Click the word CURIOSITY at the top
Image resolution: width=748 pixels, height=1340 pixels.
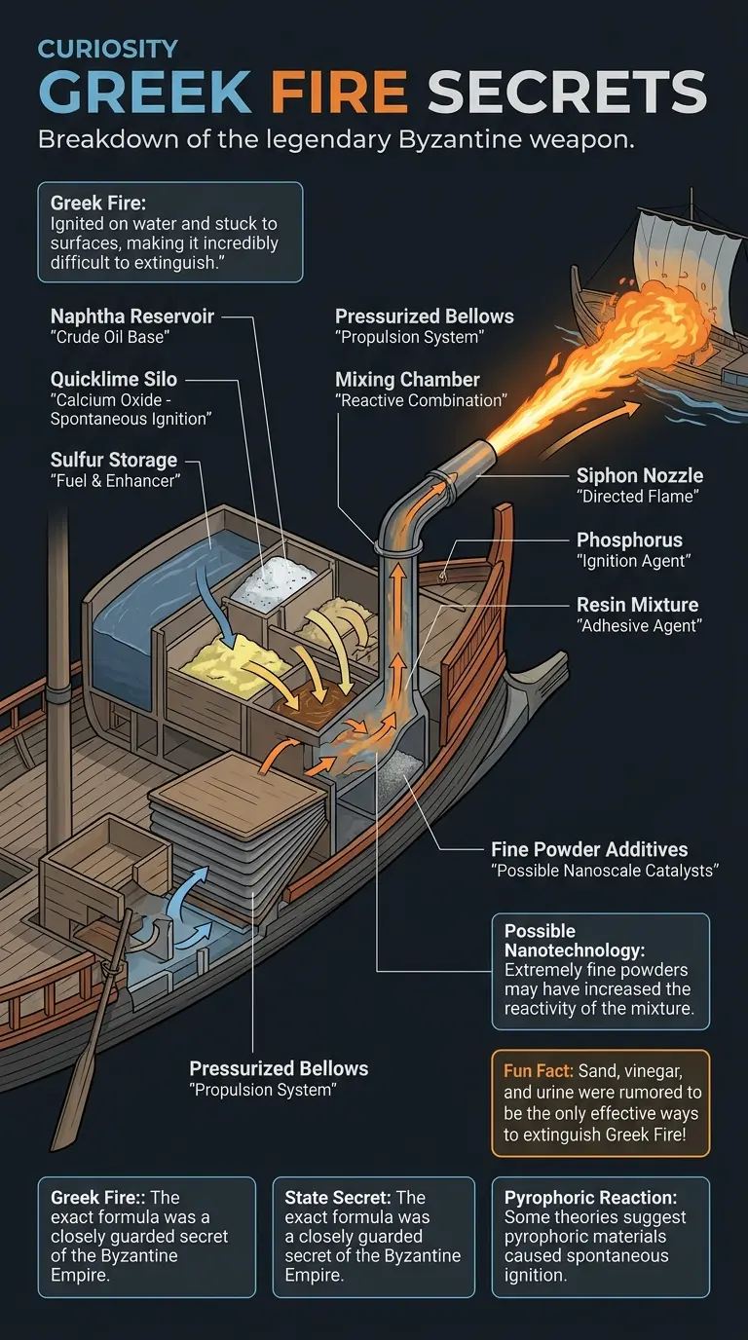pyautogui.click(x=108, y=49)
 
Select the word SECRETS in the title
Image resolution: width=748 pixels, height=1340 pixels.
pyautogui.click(x=567, y=94)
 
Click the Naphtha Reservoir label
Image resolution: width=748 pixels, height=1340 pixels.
pyautogui.click(x=131, y=316)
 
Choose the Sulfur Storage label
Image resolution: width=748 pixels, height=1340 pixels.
pyautogui.click(x=113, y=459)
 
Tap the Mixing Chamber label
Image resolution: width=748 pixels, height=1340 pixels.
pyautogui.click(x=407, y=379)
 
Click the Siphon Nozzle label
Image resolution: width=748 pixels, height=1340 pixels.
pyautogui.click(x=639, y=475)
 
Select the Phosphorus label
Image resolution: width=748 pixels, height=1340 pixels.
pyautogui.click(x=629, y=540)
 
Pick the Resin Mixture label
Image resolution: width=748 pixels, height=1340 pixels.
pyautogui.click(x=637, y=604)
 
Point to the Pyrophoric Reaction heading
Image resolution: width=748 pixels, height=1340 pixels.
pyautogui.click(x=590, y=1197)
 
